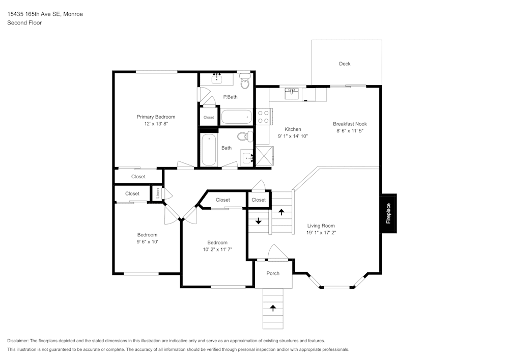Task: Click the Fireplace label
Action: pyautogui.click(x=388, y=213)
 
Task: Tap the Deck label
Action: pyautogui.click(x=345, y=64)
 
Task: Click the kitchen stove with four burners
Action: pyautogui.click(x=263, y=117)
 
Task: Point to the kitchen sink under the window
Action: pyautogui.click(x=292, y=94)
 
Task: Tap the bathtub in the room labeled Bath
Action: pyautogui.click(x=209, y=150)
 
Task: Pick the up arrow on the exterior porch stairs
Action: pyautogui.click(x=273, y=308)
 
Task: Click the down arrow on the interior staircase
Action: pyautogui.click(x=258, y=221)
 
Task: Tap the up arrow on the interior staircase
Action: pyautogui.click(x=281, y=211)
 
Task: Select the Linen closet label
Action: pyautogui.click(x=158, y=194)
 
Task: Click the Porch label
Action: pyautogui.click(x=273, y=273)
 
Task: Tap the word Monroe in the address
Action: pyautogui.click(x=73, y=14)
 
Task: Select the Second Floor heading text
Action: pyautogui.click(x=24, y=23)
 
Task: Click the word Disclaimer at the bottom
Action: pyautogui.click(x=18, y=341)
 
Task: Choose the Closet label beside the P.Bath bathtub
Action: pyautogui.click(x=209, y=118)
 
